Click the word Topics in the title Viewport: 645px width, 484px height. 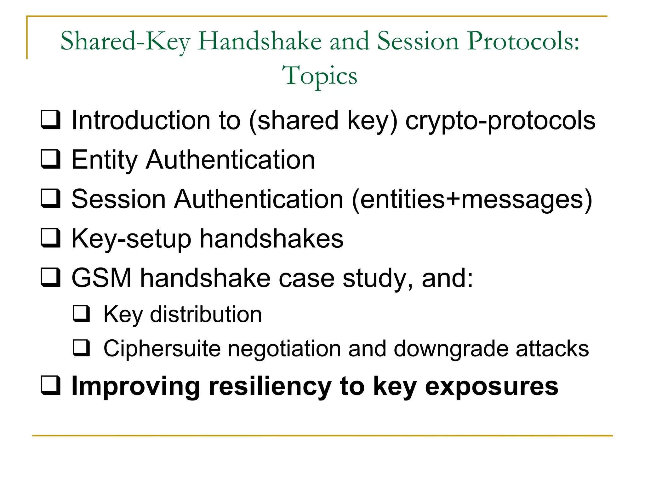pyautogui.click(x=319, y=76)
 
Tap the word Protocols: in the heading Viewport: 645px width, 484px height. pyautogui.click(x=523, y=41)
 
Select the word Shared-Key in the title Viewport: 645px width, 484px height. pyautogui.click(x=125, y=41)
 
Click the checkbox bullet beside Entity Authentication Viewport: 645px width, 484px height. pyautogui.click(x=50, y=159)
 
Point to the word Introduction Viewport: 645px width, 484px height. pyautogui.click(x=140, y=120)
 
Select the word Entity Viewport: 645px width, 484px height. pyautogui.click(x=104, y=160)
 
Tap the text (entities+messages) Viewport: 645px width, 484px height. pyautogui.click(x=472, y=199)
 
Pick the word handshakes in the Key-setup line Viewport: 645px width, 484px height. pyautogui.click(x=271, y=238)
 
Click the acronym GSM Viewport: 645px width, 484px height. pyautogui.click(x=101, y=278)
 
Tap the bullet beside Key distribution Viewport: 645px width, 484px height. pyautogui.click(x=82, y=314)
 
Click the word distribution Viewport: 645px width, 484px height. pyautogui.click(x=206, y=314)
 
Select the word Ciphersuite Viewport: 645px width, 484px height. pyautogui.click(x=162, y=349)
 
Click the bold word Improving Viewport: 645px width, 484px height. pyautogui.click(x=136, y=386)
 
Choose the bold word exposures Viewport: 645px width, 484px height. pyautogui.click(x=492, y=386)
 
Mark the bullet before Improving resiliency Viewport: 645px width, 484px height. pyautogui.click(x=50, y=385)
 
